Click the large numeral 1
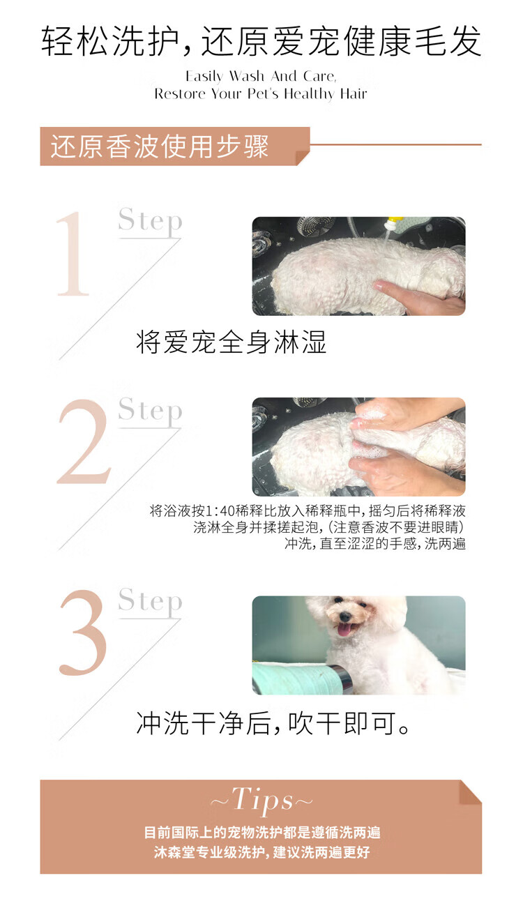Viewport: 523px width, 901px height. [x=73, y=255]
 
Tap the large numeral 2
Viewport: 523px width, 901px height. [x=84, y=441]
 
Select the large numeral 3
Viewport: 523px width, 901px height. [x=83, y=633]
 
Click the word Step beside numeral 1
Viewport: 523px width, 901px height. [x=150, y=222]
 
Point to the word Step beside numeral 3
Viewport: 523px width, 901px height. [x=150, y=602]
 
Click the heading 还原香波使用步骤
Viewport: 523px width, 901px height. [x=159, y=146]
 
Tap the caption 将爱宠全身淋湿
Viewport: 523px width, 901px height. [x=231, y=342]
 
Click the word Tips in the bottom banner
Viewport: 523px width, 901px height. [x=262, y=801]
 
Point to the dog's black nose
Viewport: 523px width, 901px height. [x=344, y=616]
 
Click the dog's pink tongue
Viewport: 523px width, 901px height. [x=344, y=630]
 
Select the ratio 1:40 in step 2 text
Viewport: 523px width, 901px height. [x=220, y=511]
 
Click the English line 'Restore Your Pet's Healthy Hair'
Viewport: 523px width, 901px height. [x=261, y=94]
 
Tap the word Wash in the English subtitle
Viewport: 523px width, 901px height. [x=247, y=76]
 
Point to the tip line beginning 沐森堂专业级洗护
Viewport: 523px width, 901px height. [x=262, y=852]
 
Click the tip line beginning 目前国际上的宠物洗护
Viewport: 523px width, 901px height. [x=262, y=833]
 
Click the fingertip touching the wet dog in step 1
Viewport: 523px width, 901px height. [x=378, y=285]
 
